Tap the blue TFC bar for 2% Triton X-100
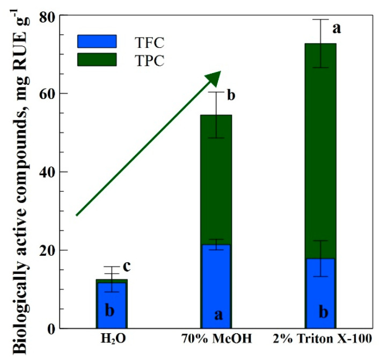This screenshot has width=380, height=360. pos(320,293)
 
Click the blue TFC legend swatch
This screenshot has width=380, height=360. pos(97,41)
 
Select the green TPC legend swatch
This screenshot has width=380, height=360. pos(97,59)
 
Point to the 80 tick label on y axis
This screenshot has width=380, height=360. pos(45,16)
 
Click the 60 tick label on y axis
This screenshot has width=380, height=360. pos(45,93)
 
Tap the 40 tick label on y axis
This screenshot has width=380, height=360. pos(45,172)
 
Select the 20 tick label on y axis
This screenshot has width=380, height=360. pos(45,250)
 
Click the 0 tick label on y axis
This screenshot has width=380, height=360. pos(49,328)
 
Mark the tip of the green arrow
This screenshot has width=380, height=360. pos(220,72)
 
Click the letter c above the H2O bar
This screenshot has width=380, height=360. pos(127,266)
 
